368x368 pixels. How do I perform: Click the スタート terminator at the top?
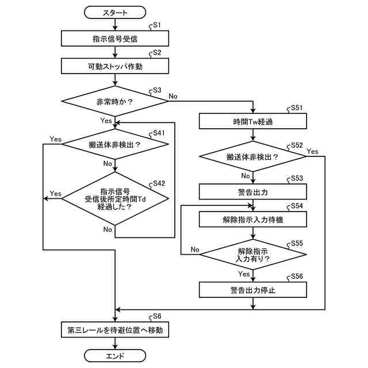(x=115, y=13)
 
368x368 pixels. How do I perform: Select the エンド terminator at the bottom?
(x=115, y=356)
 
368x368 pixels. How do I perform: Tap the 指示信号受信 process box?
(x=115, y=39)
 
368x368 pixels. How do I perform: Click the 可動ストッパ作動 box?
(x=115, y=66)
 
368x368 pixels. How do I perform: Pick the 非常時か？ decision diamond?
(x=115, y=101)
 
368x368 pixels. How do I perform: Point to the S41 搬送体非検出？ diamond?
(x=115, y=144)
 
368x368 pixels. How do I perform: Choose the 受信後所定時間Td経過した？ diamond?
(x=115, y=198)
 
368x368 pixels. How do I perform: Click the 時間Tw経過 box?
(x=253, y=121)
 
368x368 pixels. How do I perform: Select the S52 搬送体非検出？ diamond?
(x=253, y=156)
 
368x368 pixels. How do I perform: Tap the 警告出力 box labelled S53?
(x=253, y=191)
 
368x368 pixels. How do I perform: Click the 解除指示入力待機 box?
(x=253, y=220)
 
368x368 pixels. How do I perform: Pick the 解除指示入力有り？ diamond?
(x=253, y=254)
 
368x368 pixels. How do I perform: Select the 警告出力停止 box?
(x=253, y=290)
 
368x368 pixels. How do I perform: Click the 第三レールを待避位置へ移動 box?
(x=115, y=329)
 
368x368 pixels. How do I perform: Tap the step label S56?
(x=297, y=276)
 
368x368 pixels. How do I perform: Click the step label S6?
(x=157, y=316)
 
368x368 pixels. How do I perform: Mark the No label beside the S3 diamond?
(x=173, y=96)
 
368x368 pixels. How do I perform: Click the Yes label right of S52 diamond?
(x=312, y=151)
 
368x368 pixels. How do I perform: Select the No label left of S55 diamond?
(x=195, y=249)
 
